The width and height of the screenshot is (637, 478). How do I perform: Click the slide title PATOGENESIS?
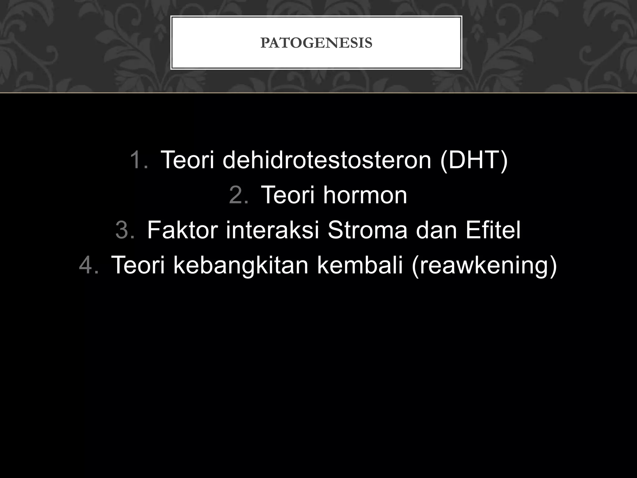pyautogui.click(x=316, y=43)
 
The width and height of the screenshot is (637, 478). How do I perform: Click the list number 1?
pyautogui.click(x=139, y=160)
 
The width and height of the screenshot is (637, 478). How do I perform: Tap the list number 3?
pyautogui.click(x=125, y=230)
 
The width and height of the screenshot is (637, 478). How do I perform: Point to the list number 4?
pyautogui.click(x=89, y=265)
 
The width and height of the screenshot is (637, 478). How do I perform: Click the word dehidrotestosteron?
pyautogui.click(x=327, y=160)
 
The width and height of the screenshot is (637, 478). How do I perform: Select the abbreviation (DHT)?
pyautogui.click(x=474, y=160)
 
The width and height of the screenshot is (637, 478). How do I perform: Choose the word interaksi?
pyautogui.click(x=272, y=230)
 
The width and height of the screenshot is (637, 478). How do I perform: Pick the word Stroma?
pyautogui.click(x=367, y=230)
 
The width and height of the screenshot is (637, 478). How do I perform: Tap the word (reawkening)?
pyautogui.click(x=484, y=265)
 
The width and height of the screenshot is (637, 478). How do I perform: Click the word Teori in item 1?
pyautogui.click(x=187, y=160)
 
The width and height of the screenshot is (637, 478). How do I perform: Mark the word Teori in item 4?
pyautogui.click(x=138, y=265)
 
